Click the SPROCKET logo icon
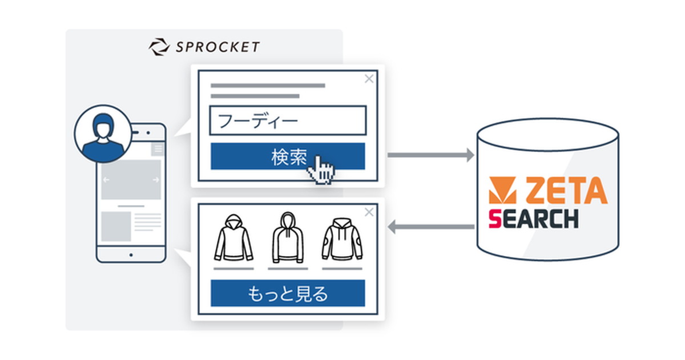coord(159,47)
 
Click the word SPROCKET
coord(217,47)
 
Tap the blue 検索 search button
coord(288,156)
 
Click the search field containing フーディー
coord(288,120)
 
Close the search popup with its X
coord(369,79)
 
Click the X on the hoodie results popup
coord(369,212)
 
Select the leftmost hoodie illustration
coord(233,238)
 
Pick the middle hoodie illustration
coord(288,237)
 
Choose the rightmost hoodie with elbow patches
coord(342,239)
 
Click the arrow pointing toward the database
coord(431,155)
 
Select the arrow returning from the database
coord(431,226)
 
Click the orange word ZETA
coord(567,190)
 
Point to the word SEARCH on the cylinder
coord(534,219)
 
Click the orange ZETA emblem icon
coord(503,190)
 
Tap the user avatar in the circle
coord(103,134)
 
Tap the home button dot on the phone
coord(131,255)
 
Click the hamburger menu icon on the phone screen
coord(158,149)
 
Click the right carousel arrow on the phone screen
coord(156,180)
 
